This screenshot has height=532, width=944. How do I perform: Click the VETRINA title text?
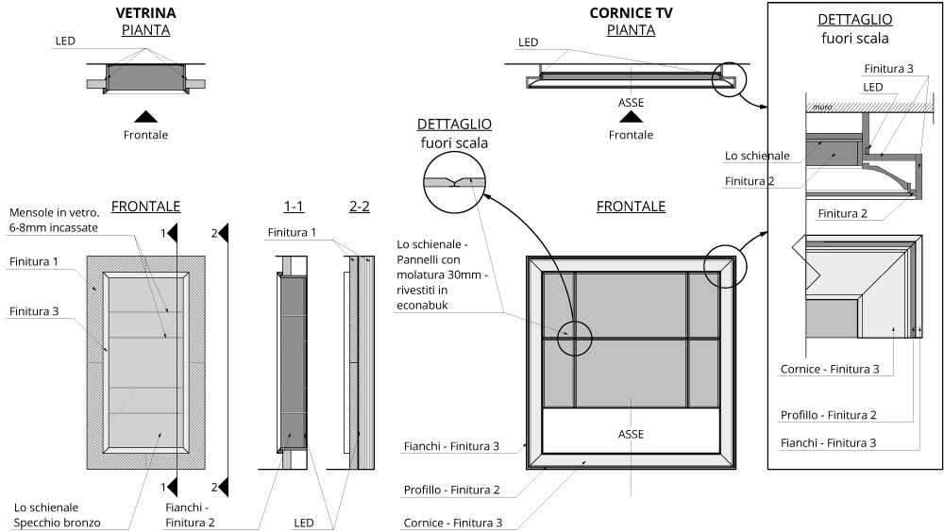pyautogui.click(x=145, y=14)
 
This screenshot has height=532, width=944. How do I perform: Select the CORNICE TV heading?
pyautogui.click(x=630, y=14)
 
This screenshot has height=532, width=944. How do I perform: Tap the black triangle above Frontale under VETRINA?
pyautogui.click(x=145, y=116)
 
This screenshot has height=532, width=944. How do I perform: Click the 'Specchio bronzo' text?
pyautogui.click(x=57, y=523)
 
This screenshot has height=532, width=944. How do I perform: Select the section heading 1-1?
pyautogui.click(x=293, y=207)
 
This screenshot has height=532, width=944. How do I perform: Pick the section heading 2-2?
pyautogui.click(x=359, y=207)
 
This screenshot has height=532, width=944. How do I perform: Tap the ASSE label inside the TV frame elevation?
pyautogui.click(x=631, y=434)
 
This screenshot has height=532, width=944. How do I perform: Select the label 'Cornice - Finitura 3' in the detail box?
pyautogui.click(x=830, y=369)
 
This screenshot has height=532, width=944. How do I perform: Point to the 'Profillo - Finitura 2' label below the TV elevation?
pyautogui.click(x=451, y=490)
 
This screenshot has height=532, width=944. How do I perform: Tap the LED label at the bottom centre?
pyautogui.click(x=303, y=523)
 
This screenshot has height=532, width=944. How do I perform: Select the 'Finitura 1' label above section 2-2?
pyautogui.click(x=292, y=232)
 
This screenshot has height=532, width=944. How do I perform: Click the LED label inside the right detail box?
pyautogui.click(x=873, y=87)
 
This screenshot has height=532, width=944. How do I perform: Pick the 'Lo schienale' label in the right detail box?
pyautogui.click(x=756, y=155)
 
